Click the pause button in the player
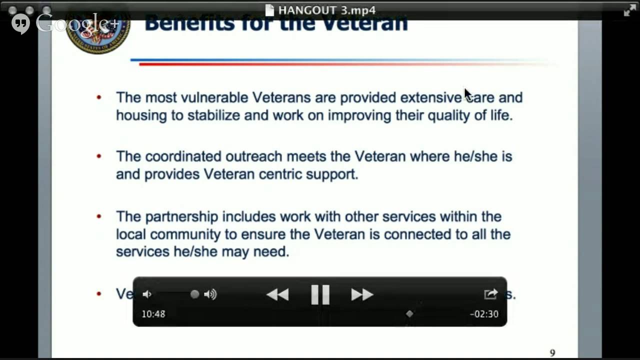pyautogui.click(x=320, y=294)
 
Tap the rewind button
pyautogui.click(x=277, y=294)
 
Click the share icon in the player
pyautogui.click(x=490, y=294)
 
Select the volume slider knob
pyautogui.click(x=194, y=294)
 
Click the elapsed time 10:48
pyautogui.click(x=153, y=314)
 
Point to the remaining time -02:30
pyautogui.click(x=484, y=314)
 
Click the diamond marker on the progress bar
pyautogui.click(x=409, y=313)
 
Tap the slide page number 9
pyautogui.click(x=552, y=353)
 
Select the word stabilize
pyautogui.click(x=213, y=115)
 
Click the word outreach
pyautogui.click(x=254, y=156)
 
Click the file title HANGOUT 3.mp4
pyautogui.click(x=326, y=10)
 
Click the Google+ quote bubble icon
pyautogui.click(x=20, y=24)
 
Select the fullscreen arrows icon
pyautogui.click(x=629, y=10)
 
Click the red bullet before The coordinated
pyautogui.click(x=99, y=156)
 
